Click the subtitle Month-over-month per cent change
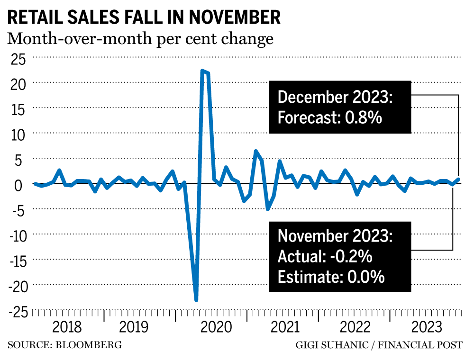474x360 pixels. click(x=140, y=38)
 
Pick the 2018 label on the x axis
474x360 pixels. click(x=67, y=327)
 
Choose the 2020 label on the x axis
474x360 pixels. click(x=212, y=327)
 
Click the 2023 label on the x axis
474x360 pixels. click(x=427, y=327)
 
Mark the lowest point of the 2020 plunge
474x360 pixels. click(x=196, y=300)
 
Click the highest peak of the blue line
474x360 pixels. click(x=202, y=71)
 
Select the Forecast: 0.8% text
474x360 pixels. click(x=330, y=117)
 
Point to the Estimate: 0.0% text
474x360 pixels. click(x=331, y=277)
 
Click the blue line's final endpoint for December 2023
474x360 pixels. click(x=458, y=180)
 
